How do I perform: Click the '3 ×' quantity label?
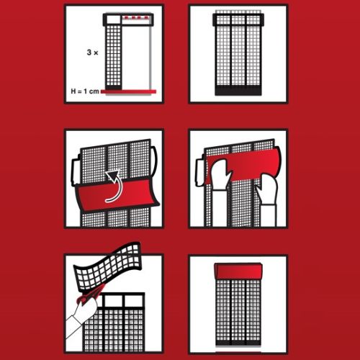tap(92, 53)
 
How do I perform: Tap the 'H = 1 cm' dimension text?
tap(85, 91)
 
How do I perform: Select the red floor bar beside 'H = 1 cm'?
tap(128, 91)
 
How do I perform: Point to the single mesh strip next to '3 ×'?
tap(113, 56)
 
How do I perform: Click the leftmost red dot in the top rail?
tap(127, 17)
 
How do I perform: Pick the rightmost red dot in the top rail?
tap(145, 17)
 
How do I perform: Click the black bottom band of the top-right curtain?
tap(238, 91)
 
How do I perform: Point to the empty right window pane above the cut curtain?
tap(134, 301)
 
